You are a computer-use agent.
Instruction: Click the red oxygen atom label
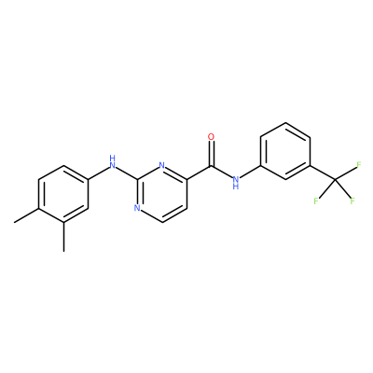[x=212, y=137]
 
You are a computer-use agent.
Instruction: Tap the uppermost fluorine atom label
[x=358, y=165]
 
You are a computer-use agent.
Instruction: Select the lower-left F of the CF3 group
[x=316, y=200]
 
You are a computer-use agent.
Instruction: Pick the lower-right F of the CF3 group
[x=352, y=200]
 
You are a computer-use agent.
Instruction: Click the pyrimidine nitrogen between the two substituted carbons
[x=161, y=166]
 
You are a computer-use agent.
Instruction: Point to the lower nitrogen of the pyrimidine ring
[x=137, y=208]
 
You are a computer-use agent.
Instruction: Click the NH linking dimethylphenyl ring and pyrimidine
[x=112, y=162]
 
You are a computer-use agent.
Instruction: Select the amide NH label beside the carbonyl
[x=236, y=183]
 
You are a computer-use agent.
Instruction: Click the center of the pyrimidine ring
[x=161, y=194]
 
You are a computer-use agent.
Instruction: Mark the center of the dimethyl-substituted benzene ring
[x=63, y=194]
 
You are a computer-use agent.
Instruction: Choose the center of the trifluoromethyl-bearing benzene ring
[x=285, y=151]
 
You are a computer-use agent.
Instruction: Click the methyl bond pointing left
[x=26, y=215]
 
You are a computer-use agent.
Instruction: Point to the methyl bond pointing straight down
[x=63, y=237]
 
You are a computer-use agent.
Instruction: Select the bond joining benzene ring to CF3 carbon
[x=322, y=173]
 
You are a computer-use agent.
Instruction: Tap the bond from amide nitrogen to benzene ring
[x=250, y=172]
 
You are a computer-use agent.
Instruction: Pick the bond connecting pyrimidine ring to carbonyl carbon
[x=199, y=173]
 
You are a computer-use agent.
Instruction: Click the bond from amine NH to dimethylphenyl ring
[x=99, y=173]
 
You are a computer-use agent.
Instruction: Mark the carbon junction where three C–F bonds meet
[x=335, y=180]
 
